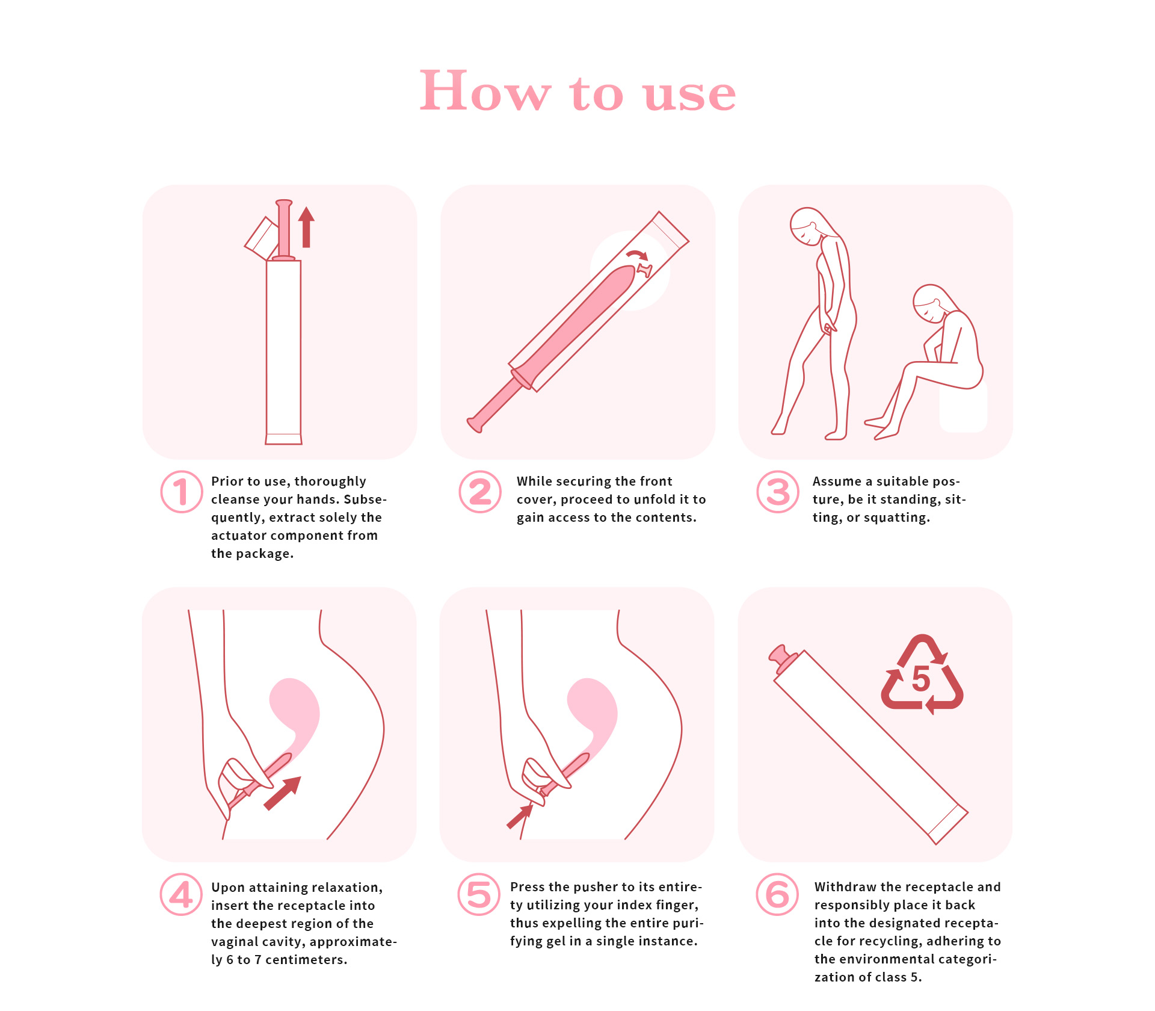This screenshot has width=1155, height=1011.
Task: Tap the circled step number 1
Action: (x=181, y=492)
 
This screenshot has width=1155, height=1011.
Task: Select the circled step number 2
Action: (x=480, y=492)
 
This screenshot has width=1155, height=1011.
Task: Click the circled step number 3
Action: (x=778, y=492)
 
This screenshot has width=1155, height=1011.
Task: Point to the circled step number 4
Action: (x=181, y=894)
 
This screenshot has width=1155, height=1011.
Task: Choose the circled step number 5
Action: (x=479, y=894)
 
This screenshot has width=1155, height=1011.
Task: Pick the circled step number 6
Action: (x=777, y=894)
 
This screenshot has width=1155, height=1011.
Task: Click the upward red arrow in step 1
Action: (x=306, y=227)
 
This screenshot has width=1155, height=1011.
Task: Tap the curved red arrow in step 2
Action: (x=638, y=255)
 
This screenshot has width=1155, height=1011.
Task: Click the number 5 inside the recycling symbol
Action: (x=921, y=679)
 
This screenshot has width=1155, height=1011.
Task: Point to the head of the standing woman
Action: (x=807, y=226)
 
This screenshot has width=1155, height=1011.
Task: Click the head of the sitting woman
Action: (x=930, y=304)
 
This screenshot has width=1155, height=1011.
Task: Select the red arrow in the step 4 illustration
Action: (x=282, y=793)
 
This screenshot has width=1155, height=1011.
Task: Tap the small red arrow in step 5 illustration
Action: (x=520, y=817)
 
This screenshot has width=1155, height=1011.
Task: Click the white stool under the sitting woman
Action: (x=963, y=407)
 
